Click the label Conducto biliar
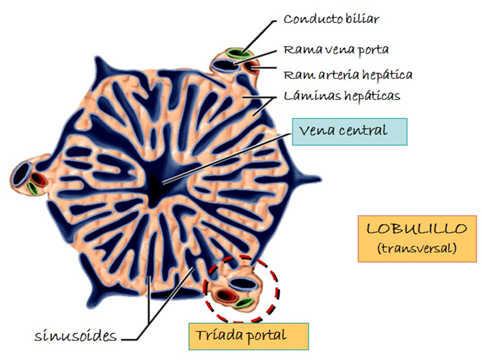(331, 19)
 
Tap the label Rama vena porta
(335, 49)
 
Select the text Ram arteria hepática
(348, 75)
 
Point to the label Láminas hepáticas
(342, 96)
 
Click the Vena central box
(349, 131)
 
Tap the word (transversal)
(417, 249)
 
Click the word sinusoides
(76, 337)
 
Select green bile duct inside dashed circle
(243, 303)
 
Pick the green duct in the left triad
(32, 188)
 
